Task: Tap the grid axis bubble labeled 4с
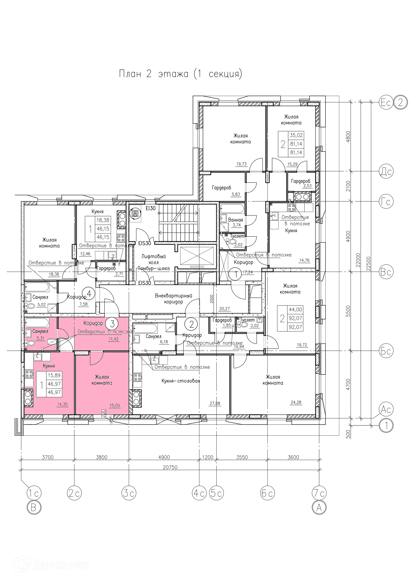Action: [199, 493]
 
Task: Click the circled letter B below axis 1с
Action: [34, 508]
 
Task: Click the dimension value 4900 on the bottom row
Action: [164, 457]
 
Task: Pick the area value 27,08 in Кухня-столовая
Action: [215, 403]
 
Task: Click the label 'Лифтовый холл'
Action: [153, 260]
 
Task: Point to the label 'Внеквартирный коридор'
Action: [173, 299]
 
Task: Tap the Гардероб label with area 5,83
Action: [221, 188]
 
